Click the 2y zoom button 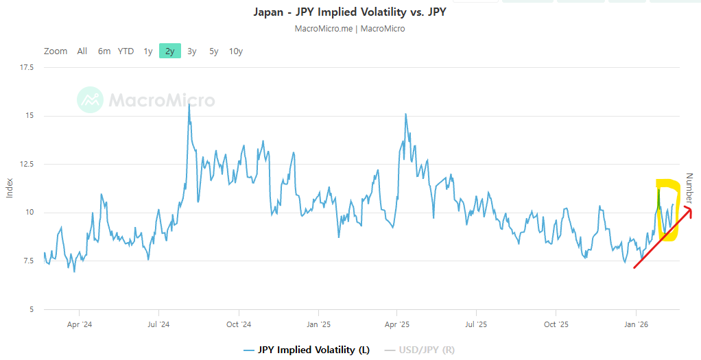pyautogui.click(x=169, y=51)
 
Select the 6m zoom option pyautogui.click(x=104, y=51)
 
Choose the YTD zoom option pyautogui.click(x=126, y=51)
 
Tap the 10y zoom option pyautogui.click(x=235, y=51)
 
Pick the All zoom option pyautogui.click(x=82, y=51)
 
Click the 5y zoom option pyautogui.click(x=214, y=51)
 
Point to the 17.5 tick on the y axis pyautogui.click(x=27, y=67)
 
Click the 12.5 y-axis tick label pyautogui.click(x=27, y=164)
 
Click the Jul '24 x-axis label pyautogui.click(x=158, y=324)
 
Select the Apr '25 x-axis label pyautogui.click(x=397, y=324)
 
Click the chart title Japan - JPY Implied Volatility pyautogui.click(x=350, y=12)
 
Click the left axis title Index pyautogui.click(x=10, y=188)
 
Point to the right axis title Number pyautogui.click(x=690, y=187)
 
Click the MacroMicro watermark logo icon pyautogui.click(x=90, y=100)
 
